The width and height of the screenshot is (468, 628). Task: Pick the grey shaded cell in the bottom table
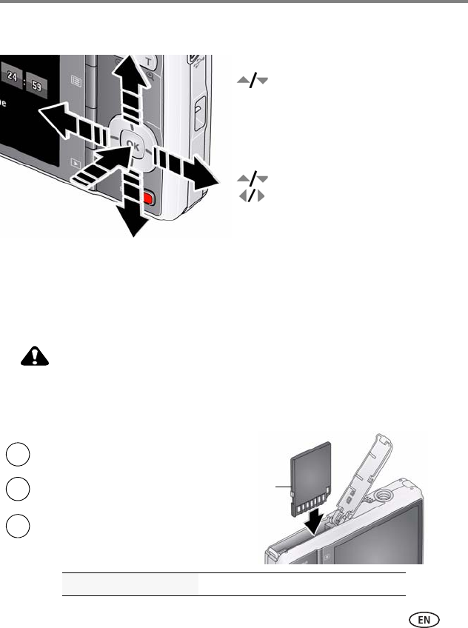(130, 584)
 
